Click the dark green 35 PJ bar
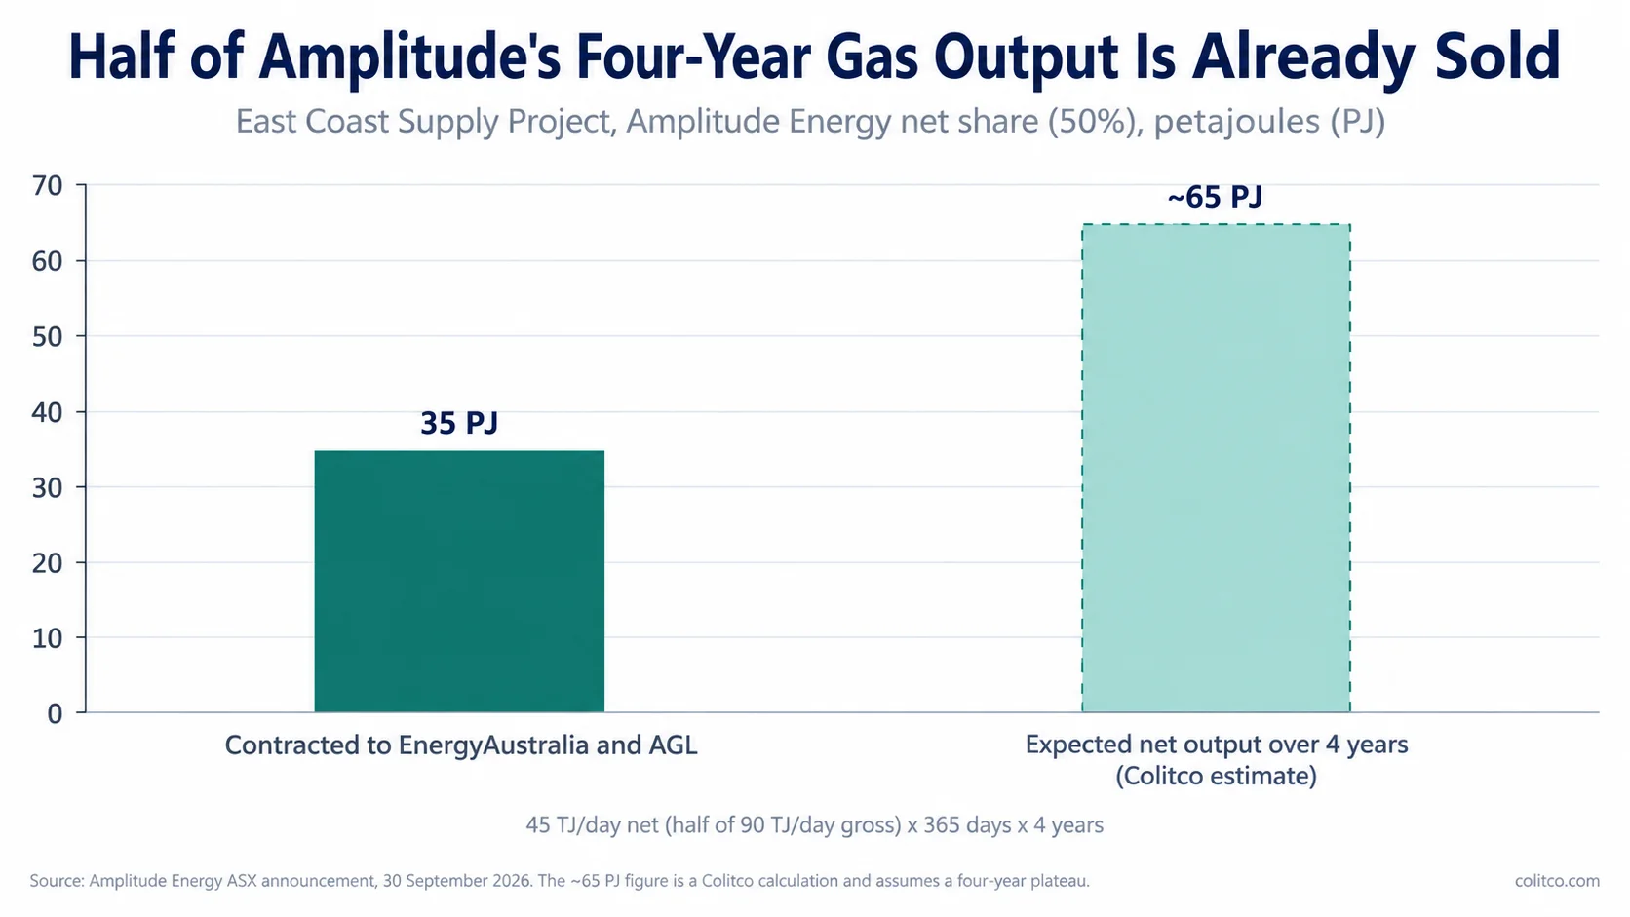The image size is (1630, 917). click(x=459, y=581)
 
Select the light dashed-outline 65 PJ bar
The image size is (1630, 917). click(x=1216, y=469)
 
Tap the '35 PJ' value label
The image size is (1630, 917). click(x=459, y=423)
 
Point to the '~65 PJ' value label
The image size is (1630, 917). click(x=1215, y=197)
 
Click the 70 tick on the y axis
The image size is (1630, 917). click(x=48, y=186)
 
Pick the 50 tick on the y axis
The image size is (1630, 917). click(x=48, y=337)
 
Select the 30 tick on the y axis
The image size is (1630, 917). click(x=48, y=488)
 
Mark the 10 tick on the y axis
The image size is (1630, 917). click(x=48, y=638)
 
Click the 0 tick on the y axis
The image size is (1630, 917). click(x=56, y=714)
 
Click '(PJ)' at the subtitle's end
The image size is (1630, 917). click(x=1357, y=122)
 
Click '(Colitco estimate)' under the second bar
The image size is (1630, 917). click(x=1216, y=776)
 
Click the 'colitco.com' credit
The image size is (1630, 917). click(x=1557, y=881)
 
